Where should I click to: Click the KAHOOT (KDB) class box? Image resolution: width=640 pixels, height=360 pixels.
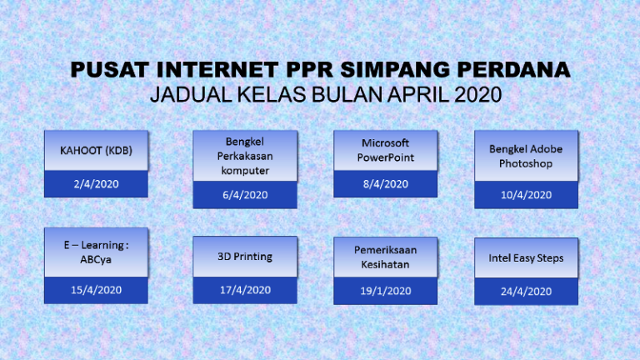96,151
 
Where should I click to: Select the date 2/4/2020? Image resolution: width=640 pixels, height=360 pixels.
96,184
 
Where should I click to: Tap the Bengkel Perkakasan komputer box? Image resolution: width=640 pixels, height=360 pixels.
245,156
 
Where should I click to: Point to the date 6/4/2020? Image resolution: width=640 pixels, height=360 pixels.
245,195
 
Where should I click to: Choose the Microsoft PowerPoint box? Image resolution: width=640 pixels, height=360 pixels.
385,150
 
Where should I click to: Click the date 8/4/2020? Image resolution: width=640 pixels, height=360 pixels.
385,183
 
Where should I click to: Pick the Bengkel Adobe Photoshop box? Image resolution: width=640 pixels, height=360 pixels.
526,156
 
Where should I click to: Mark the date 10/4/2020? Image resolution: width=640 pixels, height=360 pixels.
526,195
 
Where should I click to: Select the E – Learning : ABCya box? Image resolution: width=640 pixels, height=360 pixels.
96,252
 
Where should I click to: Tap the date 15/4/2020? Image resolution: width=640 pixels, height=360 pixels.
96,290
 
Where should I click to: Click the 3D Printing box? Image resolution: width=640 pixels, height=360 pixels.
245,257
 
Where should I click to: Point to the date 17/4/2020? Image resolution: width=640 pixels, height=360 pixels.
245,290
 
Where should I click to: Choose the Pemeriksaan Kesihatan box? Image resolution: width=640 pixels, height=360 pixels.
385,257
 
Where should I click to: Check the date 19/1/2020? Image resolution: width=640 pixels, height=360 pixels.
385,291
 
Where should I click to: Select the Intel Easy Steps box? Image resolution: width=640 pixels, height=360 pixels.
526,257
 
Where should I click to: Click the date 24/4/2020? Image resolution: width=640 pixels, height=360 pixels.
526,291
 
